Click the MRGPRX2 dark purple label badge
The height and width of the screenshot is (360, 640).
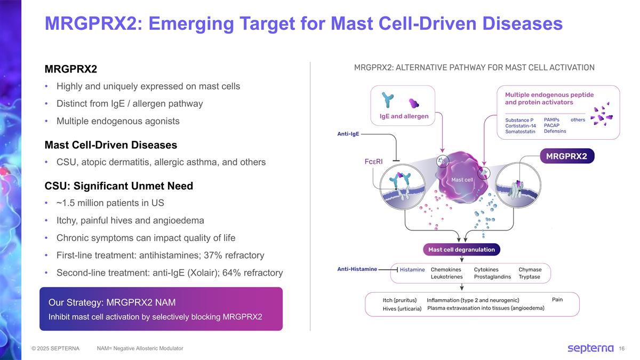pos(566,156)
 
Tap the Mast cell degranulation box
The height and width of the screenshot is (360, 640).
pos(461,250)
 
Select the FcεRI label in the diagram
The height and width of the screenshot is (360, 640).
pos(375,161)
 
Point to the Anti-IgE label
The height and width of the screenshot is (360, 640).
pos(348,134)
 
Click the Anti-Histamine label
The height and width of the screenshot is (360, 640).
pos(357,269)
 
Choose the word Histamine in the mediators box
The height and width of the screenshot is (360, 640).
pos(412,270)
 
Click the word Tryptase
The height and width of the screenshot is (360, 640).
pos(529,277)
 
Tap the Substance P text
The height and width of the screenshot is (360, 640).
pos(519,120)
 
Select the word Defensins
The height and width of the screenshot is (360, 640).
pos(555,131)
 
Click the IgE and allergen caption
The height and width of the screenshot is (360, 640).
pos(404,116)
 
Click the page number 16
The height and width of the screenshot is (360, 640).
pos(622,349)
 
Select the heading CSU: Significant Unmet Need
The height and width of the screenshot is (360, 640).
pos(119,186)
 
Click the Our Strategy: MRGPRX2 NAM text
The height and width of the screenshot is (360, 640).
pos(112,303)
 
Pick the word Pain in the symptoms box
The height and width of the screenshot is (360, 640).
pos(557,300)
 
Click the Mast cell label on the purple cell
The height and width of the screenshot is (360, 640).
pos(462,180)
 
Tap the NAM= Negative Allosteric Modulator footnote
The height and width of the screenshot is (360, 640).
pos(140,348)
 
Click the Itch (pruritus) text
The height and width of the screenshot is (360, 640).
pos(399,300)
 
